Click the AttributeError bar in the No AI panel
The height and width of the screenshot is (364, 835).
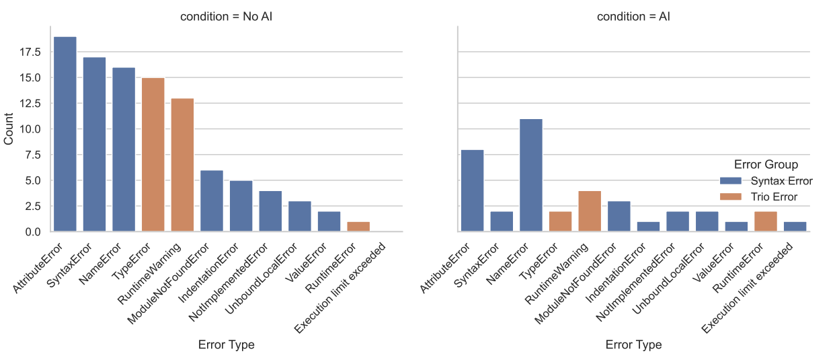[65, 135]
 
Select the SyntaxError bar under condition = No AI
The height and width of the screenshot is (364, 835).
[94, 145]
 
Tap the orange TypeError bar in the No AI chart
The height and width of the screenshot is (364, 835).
[153, 155]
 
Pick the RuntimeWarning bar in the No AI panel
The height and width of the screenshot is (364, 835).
[182, 165]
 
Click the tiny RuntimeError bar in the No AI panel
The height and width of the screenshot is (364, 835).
[358, 227]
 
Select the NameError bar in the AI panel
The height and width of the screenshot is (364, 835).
[531, 175]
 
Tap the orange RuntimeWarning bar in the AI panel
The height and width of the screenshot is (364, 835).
[590, 211]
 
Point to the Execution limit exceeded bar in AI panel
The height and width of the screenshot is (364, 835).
[795, 227]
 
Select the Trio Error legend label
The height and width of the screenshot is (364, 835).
[774, 197]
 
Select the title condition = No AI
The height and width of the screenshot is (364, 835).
[226, 17]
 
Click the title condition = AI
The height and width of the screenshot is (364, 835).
[633, 17]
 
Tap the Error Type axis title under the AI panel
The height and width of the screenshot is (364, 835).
[633, 344]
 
